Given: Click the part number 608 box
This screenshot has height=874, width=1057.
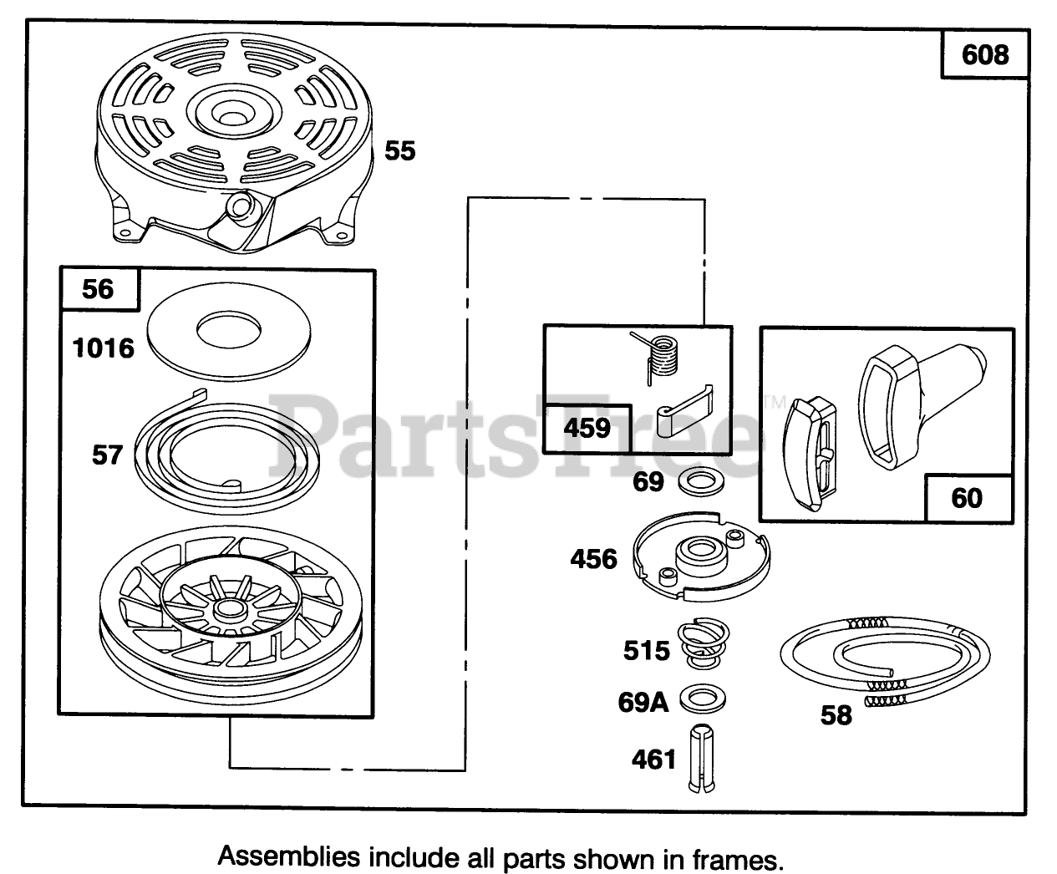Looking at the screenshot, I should pos(985,55).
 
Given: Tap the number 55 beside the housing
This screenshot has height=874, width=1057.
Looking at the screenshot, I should pos(399,151).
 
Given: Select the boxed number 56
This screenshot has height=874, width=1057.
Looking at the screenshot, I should pos(98,289).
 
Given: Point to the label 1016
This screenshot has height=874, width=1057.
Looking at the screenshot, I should pos(104,348).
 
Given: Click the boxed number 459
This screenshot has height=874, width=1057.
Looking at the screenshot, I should pos(587,428).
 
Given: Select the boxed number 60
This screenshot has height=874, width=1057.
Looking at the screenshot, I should pos(967,498).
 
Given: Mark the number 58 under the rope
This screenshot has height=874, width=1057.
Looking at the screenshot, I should pos(836,715).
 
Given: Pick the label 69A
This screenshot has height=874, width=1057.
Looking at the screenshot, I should pos(643,702).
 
